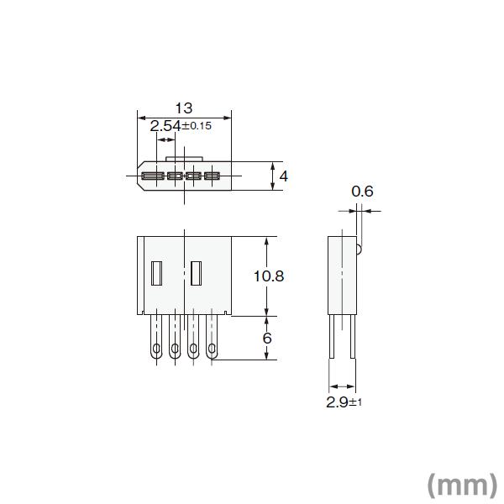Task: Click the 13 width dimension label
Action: point(184,108)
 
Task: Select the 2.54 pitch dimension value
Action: point(165,126)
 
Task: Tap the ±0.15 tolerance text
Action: point(197,126)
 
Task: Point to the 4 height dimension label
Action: point(284,176)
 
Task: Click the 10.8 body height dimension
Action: point(269,276)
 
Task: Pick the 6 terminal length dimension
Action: point(267,339)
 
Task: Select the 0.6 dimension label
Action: point(362,192)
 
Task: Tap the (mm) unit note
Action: point(463,486)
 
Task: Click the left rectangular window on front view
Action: point(156,273)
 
